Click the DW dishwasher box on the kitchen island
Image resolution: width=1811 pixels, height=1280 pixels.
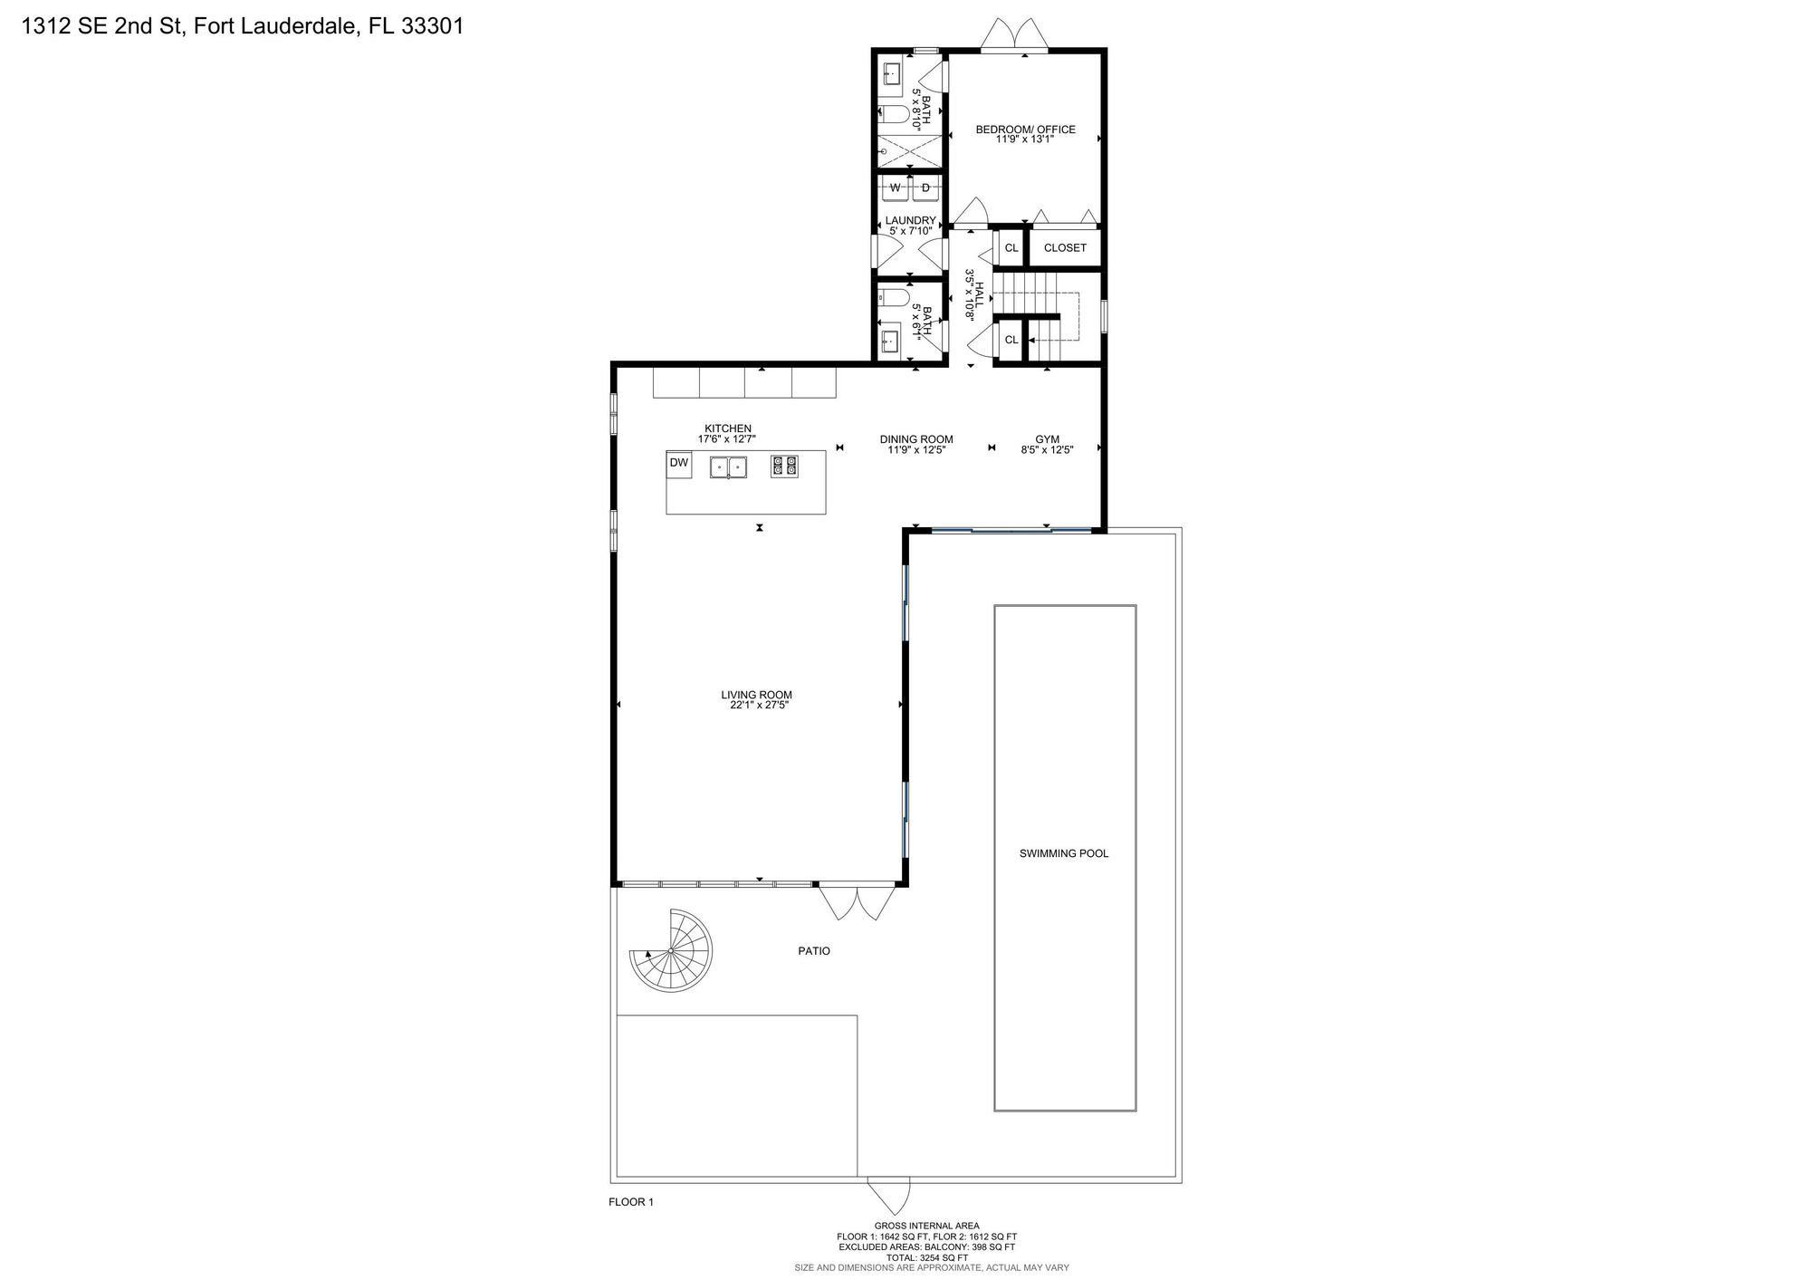coord(679,464)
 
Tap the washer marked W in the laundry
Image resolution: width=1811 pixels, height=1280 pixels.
coord(896,188)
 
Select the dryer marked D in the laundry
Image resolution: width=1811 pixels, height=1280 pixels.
coord(925,188)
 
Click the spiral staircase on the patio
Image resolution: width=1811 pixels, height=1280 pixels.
coord(671,950)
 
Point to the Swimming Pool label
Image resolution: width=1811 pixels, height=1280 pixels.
coord(1064,853)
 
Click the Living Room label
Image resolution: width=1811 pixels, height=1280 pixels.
coord(757,696)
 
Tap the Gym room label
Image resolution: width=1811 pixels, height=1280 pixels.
coord(1048,439)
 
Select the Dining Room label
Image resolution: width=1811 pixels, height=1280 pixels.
coord(916,439)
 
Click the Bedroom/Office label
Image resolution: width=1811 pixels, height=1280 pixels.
coord(1026,130)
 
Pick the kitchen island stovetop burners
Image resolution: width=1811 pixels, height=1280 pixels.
coord(784,467)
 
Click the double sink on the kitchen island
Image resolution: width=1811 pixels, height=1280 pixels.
coord(728,467)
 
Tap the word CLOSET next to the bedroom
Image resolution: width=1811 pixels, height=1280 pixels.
coord(1065,248)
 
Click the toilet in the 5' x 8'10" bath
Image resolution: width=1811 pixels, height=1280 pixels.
coord(894,114)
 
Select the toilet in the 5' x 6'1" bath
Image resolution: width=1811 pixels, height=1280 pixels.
coord(894,298)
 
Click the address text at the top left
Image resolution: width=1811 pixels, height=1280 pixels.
coord(243,26)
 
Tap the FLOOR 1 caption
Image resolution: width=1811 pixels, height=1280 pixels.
coord(630,1202)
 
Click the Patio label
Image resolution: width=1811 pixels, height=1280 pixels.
coord(814,951)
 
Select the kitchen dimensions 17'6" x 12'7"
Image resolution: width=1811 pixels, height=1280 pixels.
coord(727,439)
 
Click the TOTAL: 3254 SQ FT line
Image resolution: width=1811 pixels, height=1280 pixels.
coord(927,1257)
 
